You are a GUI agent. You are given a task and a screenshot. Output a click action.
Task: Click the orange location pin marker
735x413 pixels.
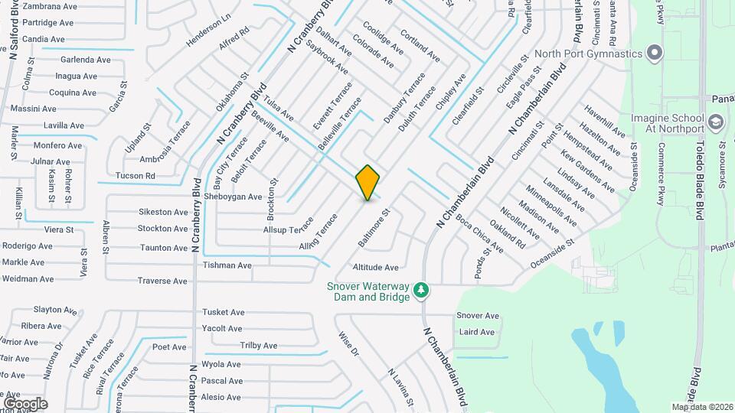367,182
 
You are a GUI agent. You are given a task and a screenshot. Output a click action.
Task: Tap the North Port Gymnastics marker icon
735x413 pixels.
654,54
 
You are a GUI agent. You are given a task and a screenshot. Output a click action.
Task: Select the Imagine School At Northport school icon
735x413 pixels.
715,122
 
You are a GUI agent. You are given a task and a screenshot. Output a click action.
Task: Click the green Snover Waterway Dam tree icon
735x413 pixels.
420,290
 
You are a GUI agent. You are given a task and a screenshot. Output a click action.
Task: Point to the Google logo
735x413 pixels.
25,403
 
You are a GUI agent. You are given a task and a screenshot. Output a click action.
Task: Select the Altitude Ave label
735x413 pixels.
375,268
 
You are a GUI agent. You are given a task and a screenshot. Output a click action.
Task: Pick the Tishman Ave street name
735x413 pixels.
227,265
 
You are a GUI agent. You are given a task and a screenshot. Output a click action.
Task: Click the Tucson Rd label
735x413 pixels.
135,176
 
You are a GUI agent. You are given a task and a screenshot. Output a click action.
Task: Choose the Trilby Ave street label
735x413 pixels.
258,346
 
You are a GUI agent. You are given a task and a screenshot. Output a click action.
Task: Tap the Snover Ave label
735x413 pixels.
477,316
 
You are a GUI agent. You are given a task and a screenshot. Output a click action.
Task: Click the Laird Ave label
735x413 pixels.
476,332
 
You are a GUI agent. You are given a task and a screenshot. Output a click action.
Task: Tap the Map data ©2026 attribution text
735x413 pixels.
701,407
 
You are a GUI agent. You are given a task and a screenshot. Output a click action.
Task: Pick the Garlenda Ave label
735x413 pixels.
87,59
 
